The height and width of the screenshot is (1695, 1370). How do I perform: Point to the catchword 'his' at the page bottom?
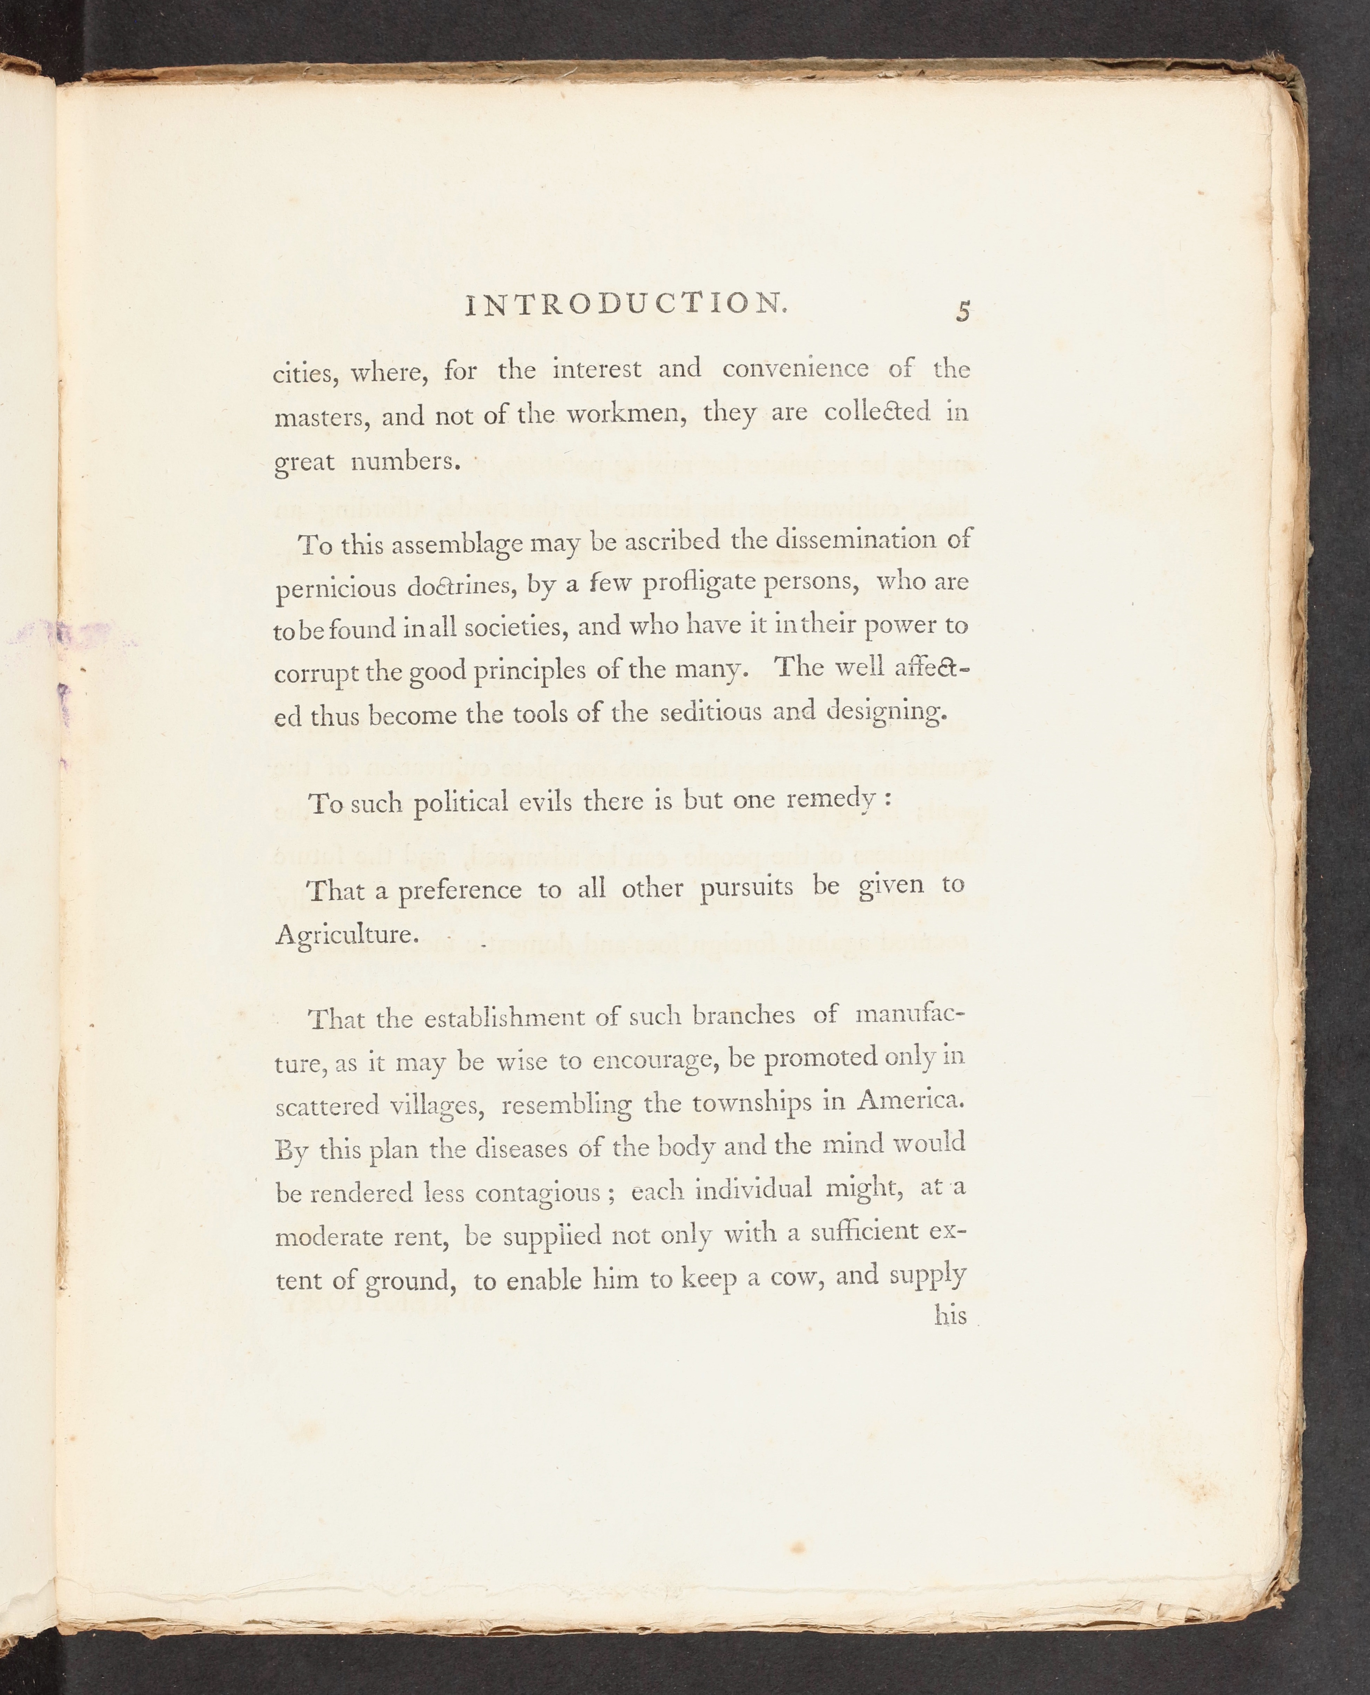pos(950,1316)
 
